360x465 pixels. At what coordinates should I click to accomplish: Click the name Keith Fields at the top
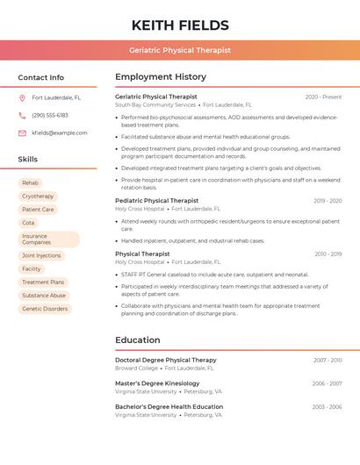180,25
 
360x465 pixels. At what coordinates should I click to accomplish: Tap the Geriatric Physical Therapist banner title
180,50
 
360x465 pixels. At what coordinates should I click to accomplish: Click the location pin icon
22,98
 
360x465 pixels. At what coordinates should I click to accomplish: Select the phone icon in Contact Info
22,116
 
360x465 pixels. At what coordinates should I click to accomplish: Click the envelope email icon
22,133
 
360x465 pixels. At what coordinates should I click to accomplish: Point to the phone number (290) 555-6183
50,116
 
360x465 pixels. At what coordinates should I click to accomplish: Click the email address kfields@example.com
60,133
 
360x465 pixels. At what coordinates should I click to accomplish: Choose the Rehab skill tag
30,182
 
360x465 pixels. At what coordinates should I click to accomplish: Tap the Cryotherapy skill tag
38,197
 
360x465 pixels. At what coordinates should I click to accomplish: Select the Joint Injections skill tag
41,255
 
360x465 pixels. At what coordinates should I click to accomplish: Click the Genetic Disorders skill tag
45,309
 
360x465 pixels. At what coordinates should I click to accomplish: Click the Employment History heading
161,77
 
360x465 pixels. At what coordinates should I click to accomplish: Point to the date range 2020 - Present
323,97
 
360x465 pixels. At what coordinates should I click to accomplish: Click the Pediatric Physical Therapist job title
156,201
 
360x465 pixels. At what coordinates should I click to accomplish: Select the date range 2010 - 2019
328,254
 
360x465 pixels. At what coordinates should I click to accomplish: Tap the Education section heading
138,340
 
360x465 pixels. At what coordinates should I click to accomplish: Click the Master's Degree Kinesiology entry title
157,383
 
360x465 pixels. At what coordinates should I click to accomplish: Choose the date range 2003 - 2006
327,407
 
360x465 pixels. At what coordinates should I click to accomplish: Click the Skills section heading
28,160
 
